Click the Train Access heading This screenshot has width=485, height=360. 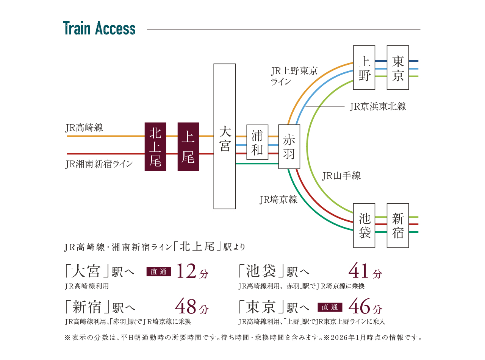coord(99,29)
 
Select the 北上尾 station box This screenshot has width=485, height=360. coord(155,146)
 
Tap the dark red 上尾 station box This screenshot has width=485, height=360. coord(188,146)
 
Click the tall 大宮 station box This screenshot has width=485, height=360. coord(225,136)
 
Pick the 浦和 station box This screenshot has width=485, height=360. coord(257,142)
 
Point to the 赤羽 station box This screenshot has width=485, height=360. coord(289,146)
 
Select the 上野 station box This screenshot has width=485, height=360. coord(364,67)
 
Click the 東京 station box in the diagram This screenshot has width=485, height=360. coord(398,67)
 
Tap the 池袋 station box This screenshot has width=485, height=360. coord(364,225)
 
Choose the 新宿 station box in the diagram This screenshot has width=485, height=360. coord(398,225)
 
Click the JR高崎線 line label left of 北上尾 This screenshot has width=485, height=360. coord(84,128)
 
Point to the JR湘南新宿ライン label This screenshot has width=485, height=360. coord(99,164)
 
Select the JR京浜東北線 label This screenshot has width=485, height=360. coord(378,107)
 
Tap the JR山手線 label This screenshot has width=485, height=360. coord(341,176)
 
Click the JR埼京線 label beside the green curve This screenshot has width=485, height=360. coord(278,200)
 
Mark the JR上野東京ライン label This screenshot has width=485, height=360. coord(294,76)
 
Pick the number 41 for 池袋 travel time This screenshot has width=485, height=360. coord(358,271)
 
